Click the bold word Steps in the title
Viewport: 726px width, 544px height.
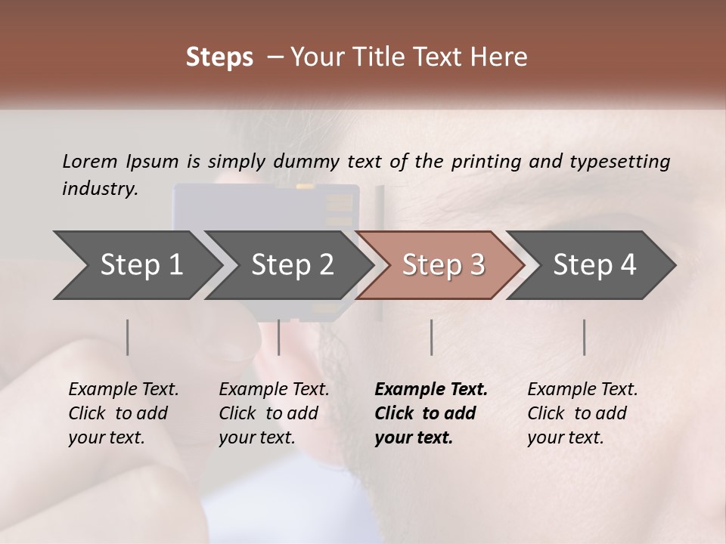(x=219, y=57)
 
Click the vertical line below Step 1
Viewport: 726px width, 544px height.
(x=128, y=337)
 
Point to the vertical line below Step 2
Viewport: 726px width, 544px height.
(x=279, y=337)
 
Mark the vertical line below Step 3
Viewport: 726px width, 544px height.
(x=431, y=337)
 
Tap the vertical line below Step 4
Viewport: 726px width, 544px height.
(x=584, y=337)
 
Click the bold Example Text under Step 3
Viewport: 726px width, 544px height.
(x=431, y=390)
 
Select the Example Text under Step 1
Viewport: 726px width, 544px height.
(x=123, y=390)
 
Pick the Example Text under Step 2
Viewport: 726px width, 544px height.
(x=274, y=390)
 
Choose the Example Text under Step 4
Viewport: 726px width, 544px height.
(x=582, y=390)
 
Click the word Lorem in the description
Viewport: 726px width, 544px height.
(x=90, y=161)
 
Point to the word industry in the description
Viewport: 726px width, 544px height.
(x=99, y=189)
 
